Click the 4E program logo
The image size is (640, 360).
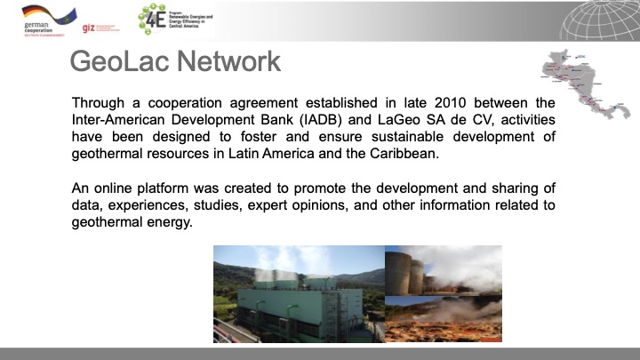(156, 18)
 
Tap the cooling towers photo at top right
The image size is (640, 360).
(443, 270)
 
